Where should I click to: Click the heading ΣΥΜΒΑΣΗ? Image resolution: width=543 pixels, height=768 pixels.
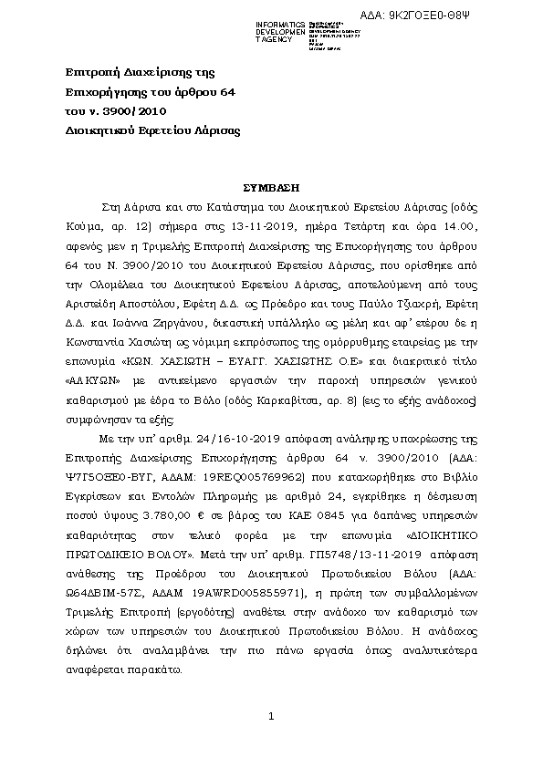click(271, 182)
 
